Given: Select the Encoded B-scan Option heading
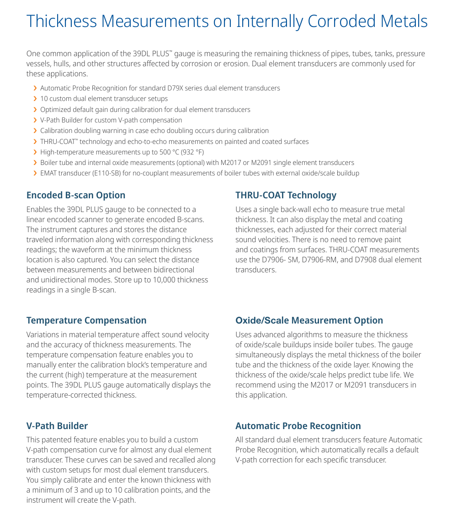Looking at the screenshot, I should (x=76, y=195).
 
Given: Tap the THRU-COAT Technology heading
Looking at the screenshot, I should (x=286, y=195).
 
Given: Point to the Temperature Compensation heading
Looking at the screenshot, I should (x=86, y=320).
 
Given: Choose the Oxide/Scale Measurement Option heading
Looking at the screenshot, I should (x=309, y=320).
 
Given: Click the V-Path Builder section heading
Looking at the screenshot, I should (x=57, y=426).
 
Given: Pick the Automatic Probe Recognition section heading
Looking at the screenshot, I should (x=298, y=426).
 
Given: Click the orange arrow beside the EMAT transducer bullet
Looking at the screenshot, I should (x=35, y=173).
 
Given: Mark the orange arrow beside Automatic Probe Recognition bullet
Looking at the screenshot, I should (x=35, y=88).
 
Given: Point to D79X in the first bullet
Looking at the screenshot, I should (x=186, y=88).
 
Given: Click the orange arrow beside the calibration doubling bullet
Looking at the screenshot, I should (x=35, y=131).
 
